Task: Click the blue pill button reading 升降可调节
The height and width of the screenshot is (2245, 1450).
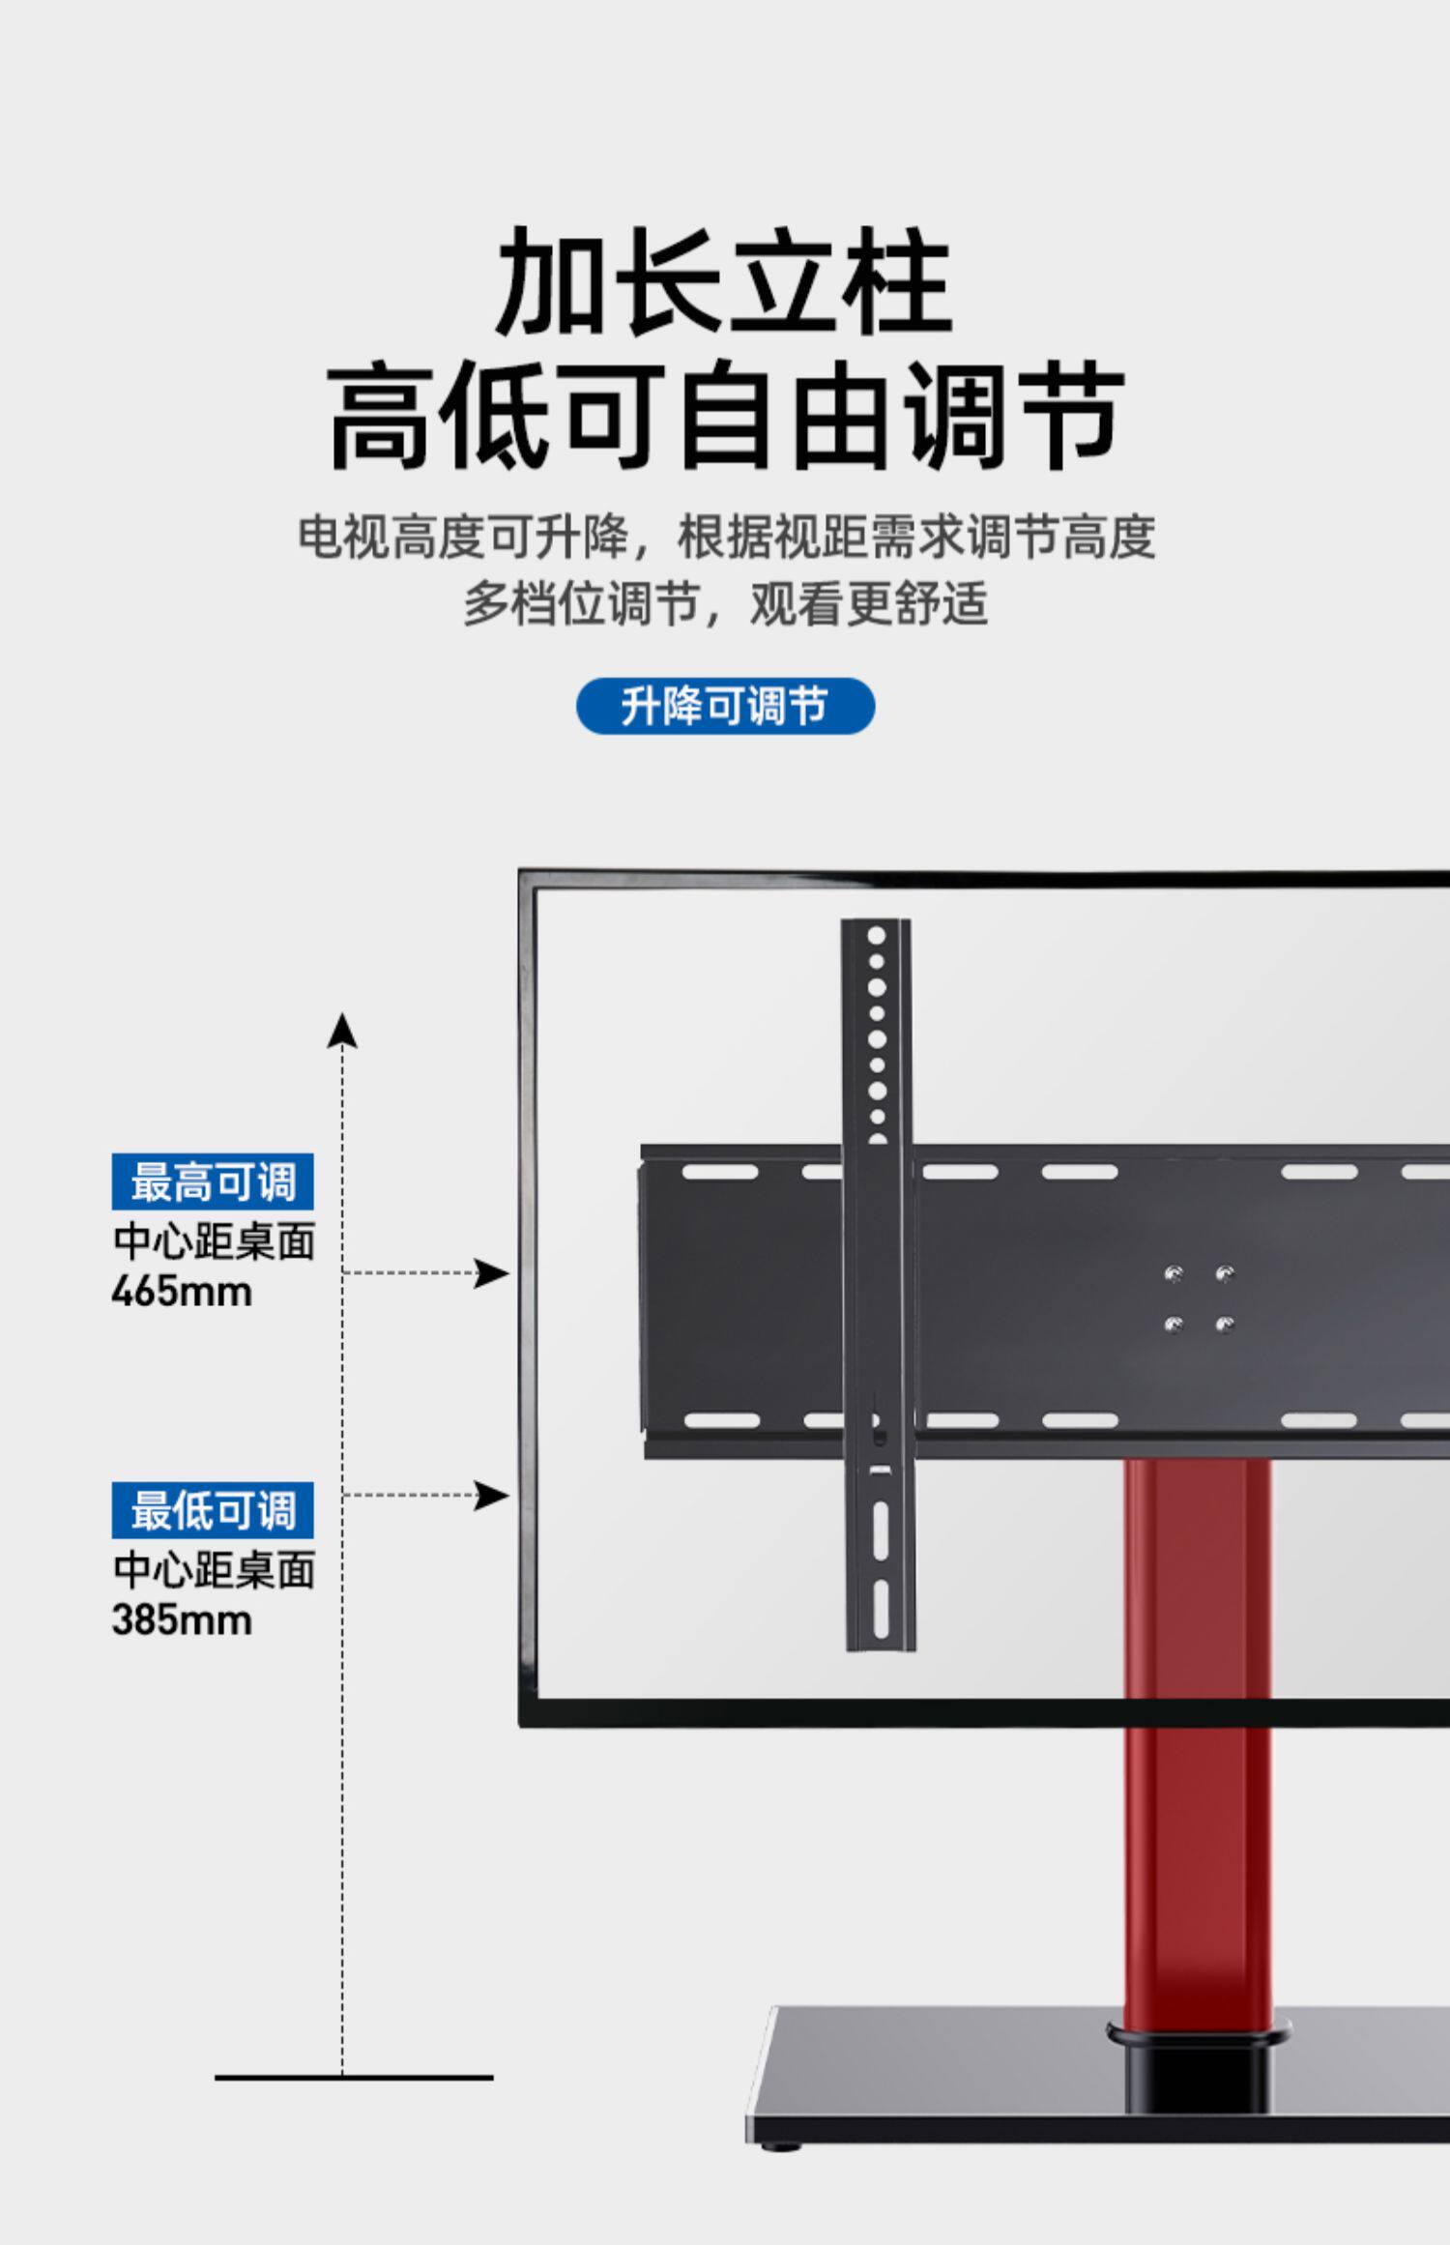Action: tap(725, 706)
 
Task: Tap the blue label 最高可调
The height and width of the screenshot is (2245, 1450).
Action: tap(213, 1181)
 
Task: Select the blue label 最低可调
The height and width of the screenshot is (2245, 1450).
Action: tap(213, 1510)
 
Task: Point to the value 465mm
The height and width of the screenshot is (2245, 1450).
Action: tap(182, 1293)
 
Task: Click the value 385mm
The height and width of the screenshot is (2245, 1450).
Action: tap(182, 1620)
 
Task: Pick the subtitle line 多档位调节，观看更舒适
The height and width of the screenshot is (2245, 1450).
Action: tap(725, 604)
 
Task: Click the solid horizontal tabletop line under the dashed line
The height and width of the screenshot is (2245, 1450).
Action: tap(354, 2077)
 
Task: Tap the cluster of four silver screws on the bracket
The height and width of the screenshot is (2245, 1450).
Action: tap(1199, 1298)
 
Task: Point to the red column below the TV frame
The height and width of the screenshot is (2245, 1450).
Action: tap(1197, 1866)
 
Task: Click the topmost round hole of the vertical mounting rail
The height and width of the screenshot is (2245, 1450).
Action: tap(877, 936)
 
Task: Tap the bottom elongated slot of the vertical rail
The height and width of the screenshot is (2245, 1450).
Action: tap(881, 1605)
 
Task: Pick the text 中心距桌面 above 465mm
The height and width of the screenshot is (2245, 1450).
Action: tap(214, 1242)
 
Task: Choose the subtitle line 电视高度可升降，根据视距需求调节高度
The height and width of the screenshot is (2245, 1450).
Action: tap(725, 538)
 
